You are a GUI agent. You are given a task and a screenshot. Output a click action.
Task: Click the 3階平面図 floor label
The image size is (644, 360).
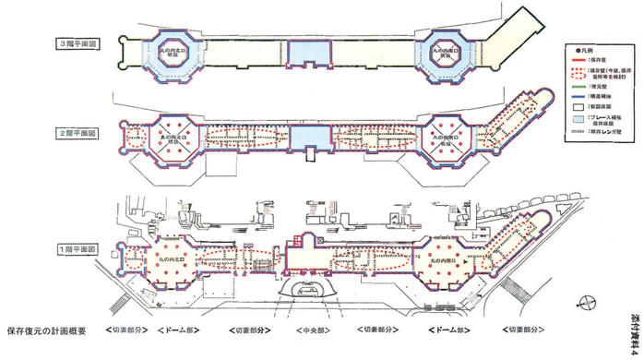point(78,44)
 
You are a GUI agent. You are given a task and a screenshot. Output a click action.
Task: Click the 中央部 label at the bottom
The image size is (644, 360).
point(308,329)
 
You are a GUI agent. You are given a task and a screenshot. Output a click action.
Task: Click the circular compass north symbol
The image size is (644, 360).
point(582,300)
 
